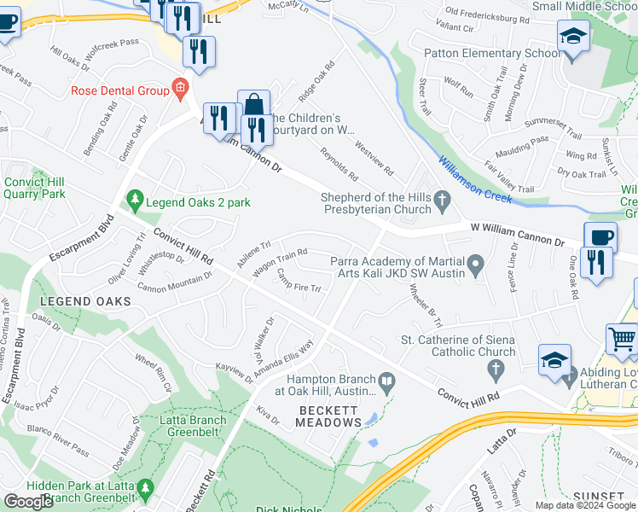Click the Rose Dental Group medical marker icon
tap(179, 88)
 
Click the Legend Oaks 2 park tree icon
tap(134, 202)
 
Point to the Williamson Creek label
tap(474, 178)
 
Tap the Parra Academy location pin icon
tap(477, 262)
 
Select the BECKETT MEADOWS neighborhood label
tap(329, 416)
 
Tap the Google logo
tap(28, 501)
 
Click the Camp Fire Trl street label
tap(299, 282)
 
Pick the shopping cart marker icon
tap(623, 339)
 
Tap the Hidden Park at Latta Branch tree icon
tap(146, 487)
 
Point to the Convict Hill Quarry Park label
tap(35, 188)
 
